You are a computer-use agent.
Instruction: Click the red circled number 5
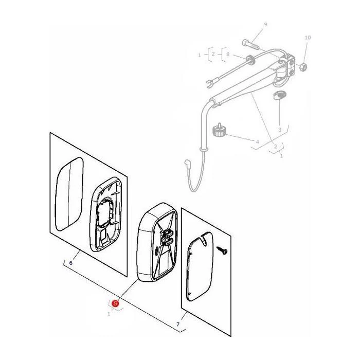[115, 303]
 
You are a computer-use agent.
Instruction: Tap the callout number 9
[265, 25]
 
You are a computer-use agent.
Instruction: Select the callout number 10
[308, 38]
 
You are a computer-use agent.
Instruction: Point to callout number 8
[228, 55]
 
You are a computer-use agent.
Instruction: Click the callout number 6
[71, 263]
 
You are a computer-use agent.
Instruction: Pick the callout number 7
[178, 325]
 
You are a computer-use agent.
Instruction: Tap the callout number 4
[257, 142]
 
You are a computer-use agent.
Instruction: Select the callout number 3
[280, 130]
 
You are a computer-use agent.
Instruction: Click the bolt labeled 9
[251, 45]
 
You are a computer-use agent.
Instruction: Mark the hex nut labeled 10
[303, 67]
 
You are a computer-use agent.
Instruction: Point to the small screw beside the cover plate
[222, 250]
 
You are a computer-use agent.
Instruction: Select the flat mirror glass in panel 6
[69, 194]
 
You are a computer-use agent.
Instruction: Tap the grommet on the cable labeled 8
[251, 59]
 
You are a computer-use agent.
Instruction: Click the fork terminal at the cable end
[210, 83]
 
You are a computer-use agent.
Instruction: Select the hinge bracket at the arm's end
[287, 66]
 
